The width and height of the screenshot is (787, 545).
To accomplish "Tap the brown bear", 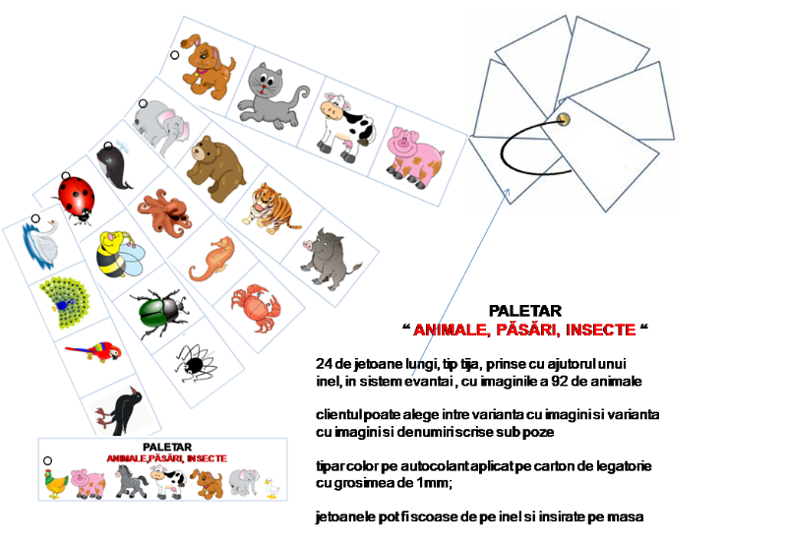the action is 216,168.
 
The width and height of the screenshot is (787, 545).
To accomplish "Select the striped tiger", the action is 269,209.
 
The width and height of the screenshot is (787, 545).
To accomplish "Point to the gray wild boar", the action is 329,260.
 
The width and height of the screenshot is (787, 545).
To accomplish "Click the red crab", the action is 255,308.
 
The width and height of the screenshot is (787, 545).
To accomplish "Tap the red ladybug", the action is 76,200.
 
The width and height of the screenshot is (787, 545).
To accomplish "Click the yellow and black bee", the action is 119,254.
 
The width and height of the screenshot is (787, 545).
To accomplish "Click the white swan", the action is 41,244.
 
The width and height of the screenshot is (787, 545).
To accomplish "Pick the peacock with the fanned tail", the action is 65,303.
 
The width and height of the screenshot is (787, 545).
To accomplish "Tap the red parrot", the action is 93,351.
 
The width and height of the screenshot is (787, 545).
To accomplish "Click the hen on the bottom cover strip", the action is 56,484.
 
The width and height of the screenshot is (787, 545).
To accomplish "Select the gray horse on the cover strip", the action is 131,481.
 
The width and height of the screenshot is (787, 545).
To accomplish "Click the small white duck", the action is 272,488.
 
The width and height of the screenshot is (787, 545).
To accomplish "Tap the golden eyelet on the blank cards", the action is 564,119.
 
